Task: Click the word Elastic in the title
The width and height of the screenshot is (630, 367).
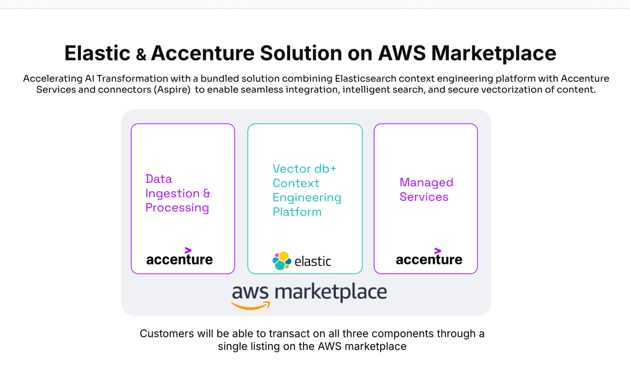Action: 97,53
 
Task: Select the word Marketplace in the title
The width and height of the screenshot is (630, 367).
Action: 494,53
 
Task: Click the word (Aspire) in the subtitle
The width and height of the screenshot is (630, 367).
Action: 172,90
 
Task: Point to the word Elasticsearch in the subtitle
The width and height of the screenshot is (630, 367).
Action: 366,78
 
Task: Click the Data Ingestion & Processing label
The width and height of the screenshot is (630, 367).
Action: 177,193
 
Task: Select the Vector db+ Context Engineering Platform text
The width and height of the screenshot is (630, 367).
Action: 307,190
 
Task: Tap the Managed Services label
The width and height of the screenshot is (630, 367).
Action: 426,190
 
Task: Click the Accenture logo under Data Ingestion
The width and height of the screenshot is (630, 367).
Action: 179,259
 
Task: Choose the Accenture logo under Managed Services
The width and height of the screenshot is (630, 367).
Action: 429,259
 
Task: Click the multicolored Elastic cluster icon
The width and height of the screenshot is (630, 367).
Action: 281,261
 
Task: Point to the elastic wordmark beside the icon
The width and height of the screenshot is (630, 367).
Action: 313,261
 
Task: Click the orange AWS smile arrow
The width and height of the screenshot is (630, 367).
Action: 251,306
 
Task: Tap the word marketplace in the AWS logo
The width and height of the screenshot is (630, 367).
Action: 331,292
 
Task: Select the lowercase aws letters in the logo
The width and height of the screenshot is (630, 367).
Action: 250,292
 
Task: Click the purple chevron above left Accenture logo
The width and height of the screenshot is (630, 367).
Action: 188,250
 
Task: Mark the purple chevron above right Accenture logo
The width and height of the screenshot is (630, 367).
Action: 437,251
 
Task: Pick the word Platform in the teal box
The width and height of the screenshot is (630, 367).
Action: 297,212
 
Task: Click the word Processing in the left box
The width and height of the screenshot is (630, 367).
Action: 177,208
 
